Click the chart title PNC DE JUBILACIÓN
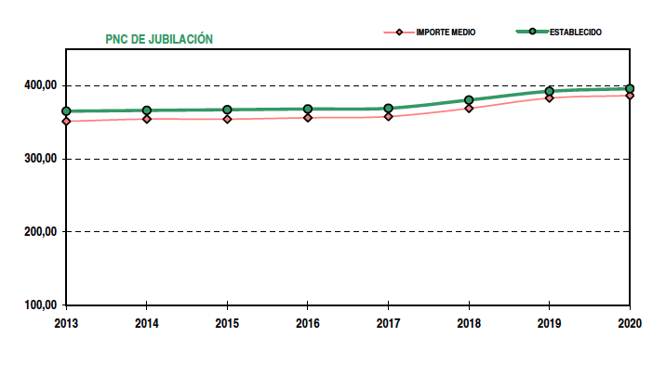(x=159, y=39)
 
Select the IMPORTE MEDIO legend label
(x=445, y=32)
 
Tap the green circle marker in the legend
(x=531, y=32)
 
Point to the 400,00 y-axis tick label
(x=41, y=86)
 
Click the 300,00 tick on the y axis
(x=41, y=159)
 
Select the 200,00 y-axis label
(x=41, y=232)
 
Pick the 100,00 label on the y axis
(x=41, y=305)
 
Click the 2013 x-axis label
(x=66, y=322)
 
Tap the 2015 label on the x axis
(x=227, y=322)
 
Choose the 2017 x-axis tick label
(x=388, y=322)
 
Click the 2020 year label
(x=630, y=322)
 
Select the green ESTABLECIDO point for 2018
(x=469, y=100)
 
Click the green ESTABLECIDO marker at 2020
(x=630, y=89)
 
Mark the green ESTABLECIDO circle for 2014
(x=147, y=110)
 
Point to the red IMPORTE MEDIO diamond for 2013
(x=66, y=122)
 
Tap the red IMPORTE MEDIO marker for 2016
(x=308, y=118)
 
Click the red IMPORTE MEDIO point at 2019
(x=550, y=97)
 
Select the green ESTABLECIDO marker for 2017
(x=388, y=109)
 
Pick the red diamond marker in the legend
(x=399, y=32)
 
